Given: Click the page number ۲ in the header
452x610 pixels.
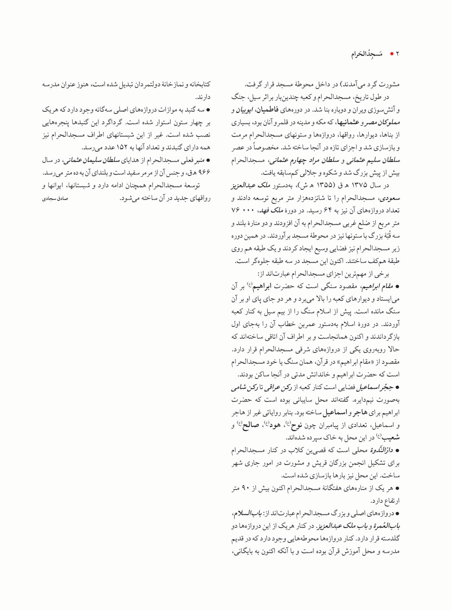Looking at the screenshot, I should (x=398, y=54).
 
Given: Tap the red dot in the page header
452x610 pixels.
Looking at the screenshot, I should (x=391, y=54).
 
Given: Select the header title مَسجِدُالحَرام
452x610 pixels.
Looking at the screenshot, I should (x=367, y=54).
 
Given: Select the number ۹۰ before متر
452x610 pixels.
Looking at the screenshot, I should (x=246, y=488).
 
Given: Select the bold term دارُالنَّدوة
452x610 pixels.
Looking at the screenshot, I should (x=382, y=450).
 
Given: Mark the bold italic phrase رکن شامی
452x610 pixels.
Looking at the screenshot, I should (x=244, y=387).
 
